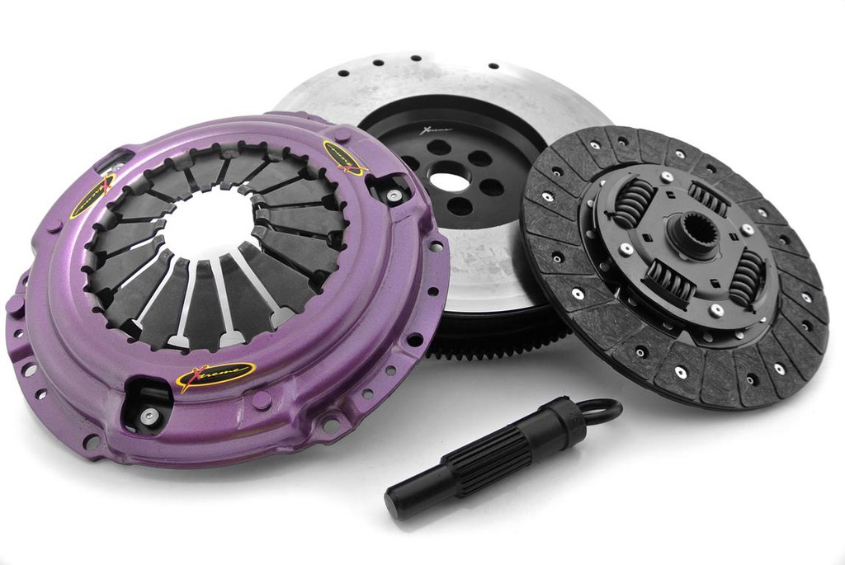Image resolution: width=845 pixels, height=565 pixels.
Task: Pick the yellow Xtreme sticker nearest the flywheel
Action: click(344, 158)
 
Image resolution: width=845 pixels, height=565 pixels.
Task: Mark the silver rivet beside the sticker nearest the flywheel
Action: click(394, 195)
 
